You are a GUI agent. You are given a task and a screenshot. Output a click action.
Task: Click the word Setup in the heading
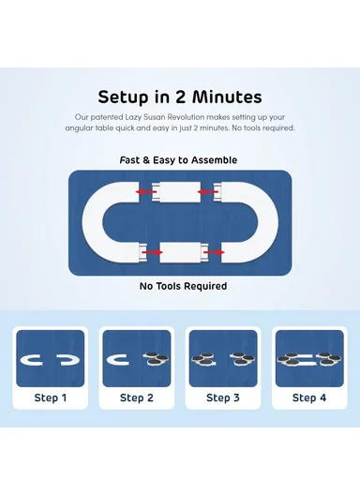123,97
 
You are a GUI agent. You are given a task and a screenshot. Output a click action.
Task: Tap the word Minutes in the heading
227,97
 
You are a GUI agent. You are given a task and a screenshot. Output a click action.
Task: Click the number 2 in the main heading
180,97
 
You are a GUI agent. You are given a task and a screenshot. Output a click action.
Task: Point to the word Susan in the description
154,117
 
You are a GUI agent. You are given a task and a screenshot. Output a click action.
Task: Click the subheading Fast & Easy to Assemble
178,160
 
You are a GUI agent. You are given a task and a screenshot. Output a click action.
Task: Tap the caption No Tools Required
183,286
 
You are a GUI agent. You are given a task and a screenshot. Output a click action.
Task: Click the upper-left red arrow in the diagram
145,191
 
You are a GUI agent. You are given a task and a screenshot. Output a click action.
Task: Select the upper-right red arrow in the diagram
207,191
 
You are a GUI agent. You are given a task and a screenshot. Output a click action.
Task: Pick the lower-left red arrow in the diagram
152,252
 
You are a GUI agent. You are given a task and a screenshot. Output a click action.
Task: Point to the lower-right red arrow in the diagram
214,252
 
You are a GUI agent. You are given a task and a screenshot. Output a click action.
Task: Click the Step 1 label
51,397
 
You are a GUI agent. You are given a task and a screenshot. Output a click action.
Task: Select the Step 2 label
137,397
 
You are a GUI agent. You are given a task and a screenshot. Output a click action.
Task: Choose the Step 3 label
223,397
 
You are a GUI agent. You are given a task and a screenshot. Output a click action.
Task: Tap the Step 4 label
309,397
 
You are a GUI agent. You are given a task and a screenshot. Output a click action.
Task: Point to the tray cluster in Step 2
156,359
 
